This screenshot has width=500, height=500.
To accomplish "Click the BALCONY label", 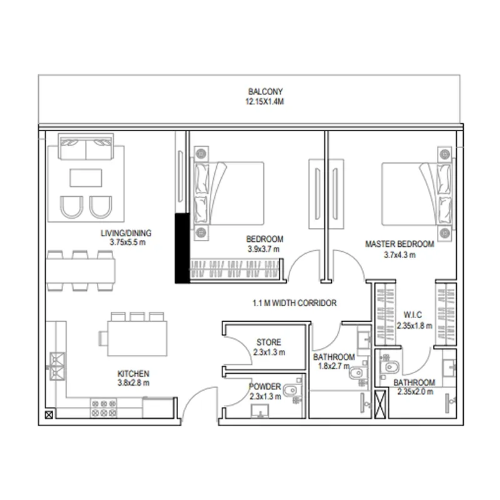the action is click(265, 91).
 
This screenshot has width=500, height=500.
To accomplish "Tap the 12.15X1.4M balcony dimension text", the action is click(264, 102).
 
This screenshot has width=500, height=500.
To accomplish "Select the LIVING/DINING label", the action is click(126, 233).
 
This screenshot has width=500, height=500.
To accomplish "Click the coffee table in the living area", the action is click(86, 177).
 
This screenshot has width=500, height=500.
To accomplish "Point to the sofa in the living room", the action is click(86, 147).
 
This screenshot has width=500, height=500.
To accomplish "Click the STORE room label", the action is click(269, 342).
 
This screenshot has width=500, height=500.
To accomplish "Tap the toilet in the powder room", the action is click(291, 389).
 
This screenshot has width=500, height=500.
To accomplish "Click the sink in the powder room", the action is click(260, 411).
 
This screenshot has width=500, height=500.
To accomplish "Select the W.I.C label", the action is click(412, 315).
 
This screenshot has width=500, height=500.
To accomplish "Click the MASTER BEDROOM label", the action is click(399, 244).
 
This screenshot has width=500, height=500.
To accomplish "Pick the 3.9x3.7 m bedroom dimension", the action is click(263, 249).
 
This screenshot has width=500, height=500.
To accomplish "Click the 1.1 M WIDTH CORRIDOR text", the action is click(294, 303).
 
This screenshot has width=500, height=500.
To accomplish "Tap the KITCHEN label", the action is click(133, 374).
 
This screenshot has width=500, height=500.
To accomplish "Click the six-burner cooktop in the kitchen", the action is click(104, 409).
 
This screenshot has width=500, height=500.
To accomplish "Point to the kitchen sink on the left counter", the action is click(57, 366).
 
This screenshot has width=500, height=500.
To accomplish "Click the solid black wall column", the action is click(182, 248).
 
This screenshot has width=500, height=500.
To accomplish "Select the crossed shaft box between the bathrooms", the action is click(380, 404).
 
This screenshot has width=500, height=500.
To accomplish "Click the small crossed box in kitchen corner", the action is click(49, 415).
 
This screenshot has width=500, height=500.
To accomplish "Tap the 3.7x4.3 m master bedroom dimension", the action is click(399, 255).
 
